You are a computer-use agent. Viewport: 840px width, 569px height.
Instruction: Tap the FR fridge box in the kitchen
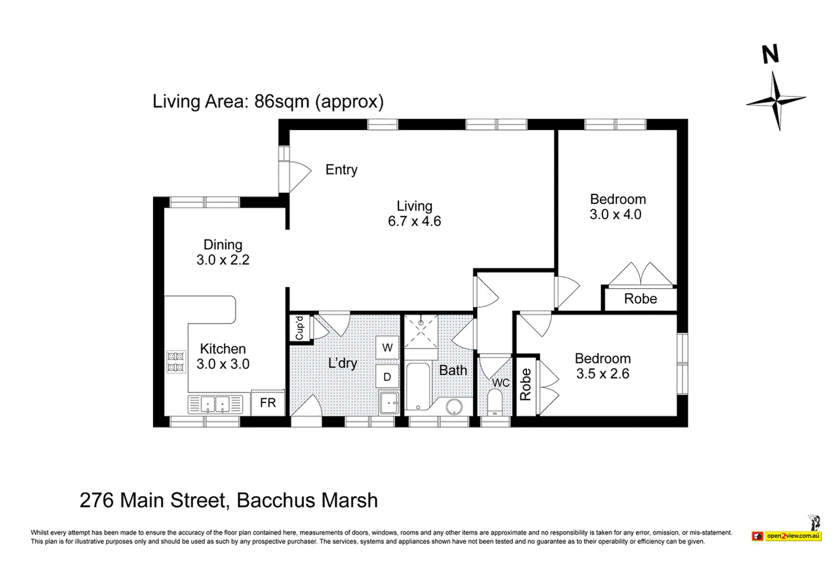(268, 403)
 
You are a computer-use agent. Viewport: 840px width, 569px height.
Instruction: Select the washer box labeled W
(387, 347)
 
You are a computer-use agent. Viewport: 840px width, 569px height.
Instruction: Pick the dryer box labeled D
(387, 377)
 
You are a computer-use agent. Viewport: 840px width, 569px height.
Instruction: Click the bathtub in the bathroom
(417, 387)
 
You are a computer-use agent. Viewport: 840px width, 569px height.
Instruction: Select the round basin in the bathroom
(454, 408)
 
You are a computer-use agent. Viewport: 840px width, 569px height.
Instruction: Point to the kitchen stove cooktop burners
(176, 362)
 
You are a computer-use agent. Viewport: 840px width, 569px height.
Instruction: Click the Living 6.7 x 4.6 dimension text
(414, 221)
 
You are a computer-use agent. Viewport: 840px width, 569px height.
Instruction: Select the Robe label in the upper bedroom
(640, 299)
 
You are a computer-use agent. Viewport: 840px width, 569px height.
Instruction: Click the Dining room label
(222, 245)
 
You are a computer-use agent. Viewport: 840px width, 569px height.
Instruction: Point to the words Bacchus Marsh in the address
(306, 501)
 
